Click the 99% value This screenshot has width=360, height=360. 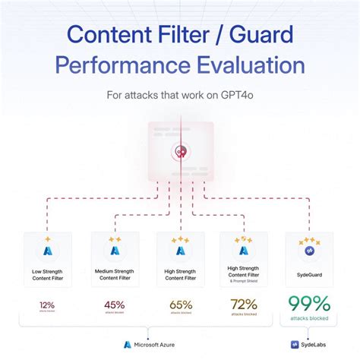point(309,304)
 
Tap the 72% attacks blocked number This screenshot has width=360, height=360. point(244,305)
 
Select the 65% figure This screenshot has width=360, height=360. point(180,305)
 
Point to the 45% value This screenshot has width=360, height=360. point(115,305)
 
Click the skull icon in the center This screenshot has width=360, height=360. point(180,152)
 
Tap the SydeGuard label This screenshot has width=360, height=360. point(308,275)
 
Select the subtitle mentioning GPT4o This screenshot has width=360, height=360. point(180,96)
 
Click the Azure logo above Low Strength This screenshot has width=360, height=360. point(50,250)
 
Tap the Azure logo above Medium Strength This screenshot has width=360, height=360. point(115,250)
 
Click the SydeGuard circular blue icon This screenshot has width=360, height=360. point(308,251)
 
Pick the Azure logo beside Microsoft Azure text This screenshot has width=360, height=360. point(128,344)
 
